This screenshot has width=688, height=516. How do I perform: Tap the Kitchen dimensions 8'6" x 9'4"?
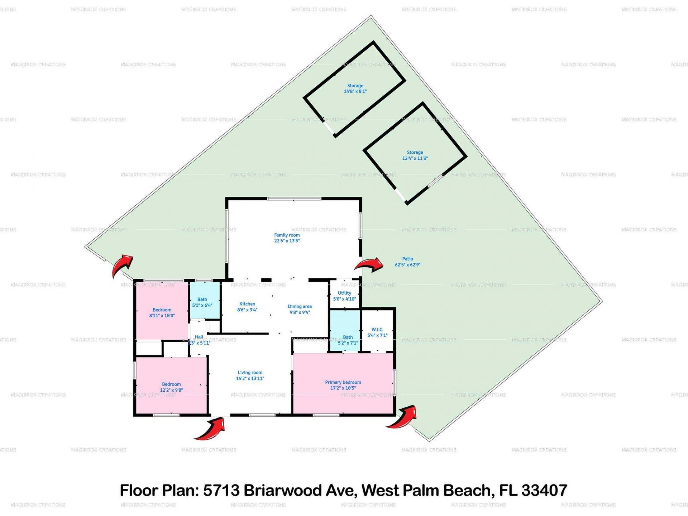click(247, 310)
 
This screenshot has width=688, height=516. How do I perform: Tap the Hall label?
click(199, 337)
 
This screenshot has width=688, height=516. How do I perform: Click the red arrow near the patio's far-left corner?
click(122, 265)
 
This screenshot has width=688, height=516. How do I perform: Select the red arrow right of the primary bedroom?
click(403, 417)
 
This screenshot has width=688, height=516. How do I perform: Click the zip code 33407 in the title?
click(544, 490)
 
